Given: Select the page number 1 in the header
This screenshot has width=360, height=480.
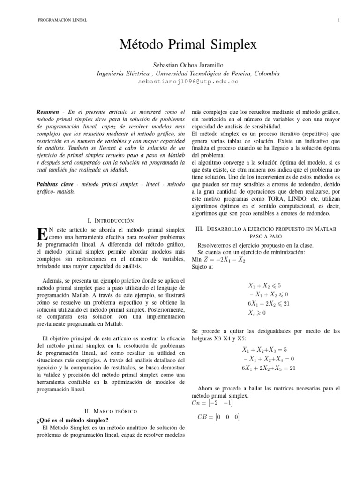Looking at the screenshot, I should tap(338, 20).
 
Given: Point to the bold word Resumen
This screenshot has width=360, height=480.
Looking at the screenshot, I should tap(47, 112).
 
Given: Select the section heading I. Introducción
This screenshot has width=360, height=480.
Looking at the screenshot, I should tap(111, 220).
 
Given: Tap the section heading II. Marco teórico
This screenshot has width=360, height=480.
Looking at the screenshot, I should tap(111, 411).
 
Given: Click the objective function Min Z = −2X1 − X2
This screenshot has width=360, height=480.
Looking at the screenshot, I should tap(218, 260).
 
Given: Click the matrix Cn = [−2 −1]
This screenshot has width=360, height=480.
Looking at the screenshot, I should tap(212, 403).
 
